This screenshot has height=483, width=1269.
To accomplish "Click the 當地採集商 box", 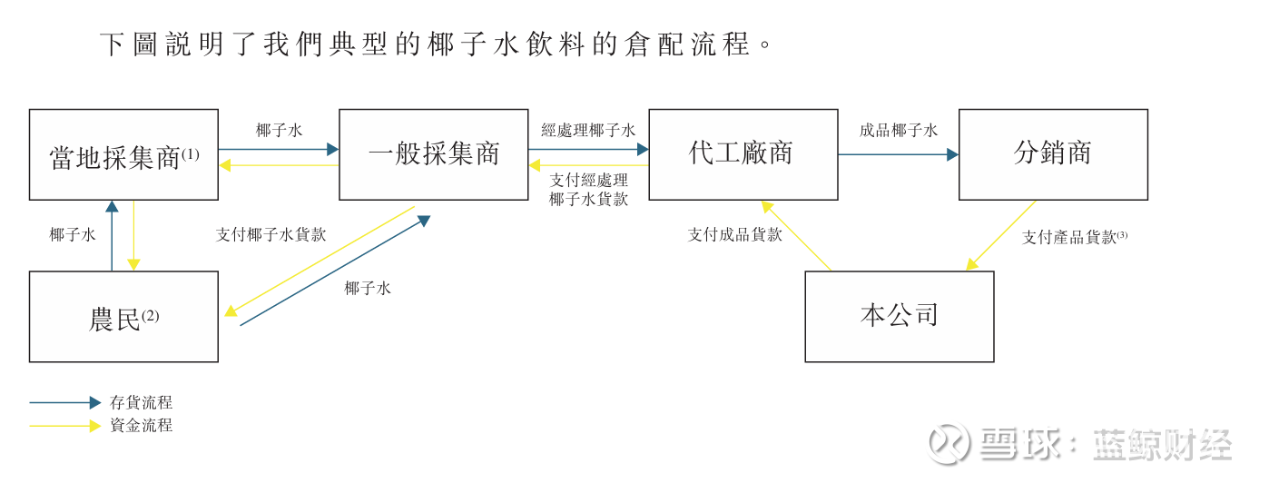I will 123,154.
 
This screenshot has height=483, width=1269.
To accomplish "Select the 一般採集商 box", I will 433,154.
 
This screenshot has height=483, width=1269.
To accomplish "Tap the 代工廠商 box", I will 743,154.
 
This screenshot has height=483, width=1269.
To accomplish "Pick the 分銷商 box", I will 1053,154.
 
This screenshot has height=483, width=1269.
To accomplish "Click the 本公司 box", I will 899,316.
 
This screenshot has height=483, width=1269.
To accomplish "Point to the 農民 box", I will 123,316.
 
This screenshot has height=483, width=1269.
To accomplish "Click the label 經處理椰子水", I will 588,130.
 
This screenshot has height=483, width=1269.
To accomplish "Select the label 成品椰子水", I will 898,130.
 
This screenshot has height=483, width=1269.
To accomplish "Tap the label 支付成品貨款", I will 734,234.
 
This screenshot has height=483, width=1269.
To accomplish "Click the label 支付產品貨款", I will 1068,237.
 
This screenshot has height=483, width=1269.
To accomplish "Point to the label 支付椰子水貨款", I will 271,234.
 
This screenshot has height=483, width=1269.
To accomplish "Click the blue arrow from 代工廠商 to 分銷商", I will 898,155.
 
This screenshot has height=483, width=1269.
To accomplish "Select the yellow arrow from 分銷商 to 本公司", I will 1000,235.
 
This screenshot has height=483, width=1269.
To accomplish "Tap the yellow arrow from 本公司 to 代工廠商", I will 796,235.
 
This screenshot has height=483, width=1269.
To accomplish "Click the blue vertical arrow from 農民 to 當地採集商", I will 112,235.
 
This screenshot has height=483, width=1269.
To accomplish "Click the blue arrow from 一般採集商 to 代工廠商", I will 588,148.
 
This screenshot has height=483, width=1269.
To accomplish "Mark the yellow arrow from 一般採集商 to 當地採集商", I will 279,165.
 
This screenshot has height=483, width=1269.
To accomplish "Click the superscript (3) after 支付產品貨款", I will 1122,234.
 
